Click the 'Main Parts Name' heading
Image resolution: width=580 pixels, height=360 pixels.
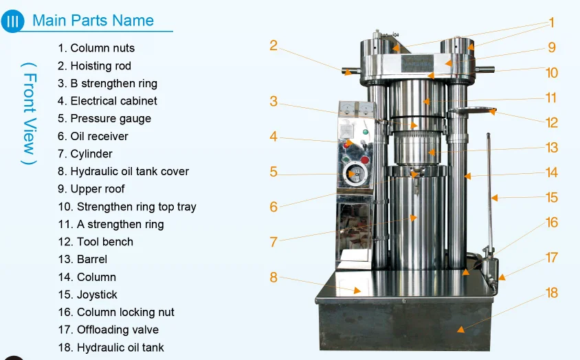click(93, 20)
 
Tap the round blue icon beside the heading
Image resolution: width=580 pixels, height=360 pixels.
click(12, 20)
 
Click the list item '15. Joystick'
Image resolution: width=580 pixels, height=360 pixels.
click(87, 295)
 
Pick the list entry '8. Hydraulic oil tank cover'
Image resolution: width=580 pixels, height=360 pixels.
click(123, 171)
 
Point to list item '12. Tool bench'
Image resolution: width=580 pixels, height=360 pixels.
click(96, 242)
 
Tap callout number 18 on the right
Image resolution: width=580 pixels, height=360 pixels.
click(551, 293)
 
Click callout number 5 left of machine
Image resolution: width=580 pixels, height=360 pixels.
click(274, 172)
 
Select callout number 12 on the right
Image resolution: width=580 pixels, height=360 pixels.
click(552, 123)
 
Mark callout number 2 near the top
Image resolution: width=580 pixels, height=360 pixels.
click(274, 46)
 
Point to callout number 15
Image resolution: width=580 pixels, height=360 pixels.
click(551, 198)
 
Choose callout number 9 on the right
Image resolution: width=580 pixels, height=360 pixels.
click(551, 48)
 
